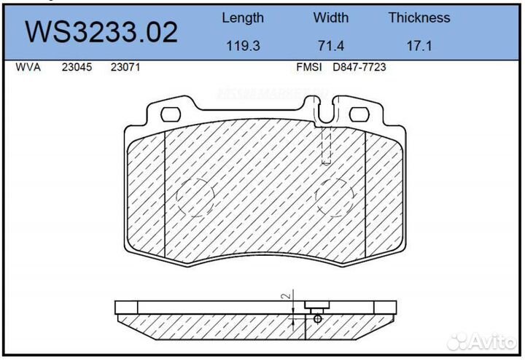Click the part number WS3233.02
(101, 32)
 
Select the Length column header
(242, 17)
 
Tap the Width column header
(330, 17)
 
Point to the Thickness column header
(419, 17)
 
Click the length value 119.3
(242, 46)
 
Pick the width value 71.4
(330, 46)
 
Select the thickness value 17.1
(419, 46)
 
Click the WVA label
(28, 67)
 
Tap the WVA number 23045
(77, 67)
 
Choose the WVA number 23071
(125, 67)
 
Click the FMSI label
(307, 67)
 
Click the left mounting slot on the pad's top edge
(171, 114)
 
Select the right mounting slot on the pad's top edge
(360, 114)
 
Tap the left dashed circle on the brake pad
(195, 197)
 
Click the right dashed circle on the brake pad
(334, 197)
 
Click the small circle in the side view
(317, 318)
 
